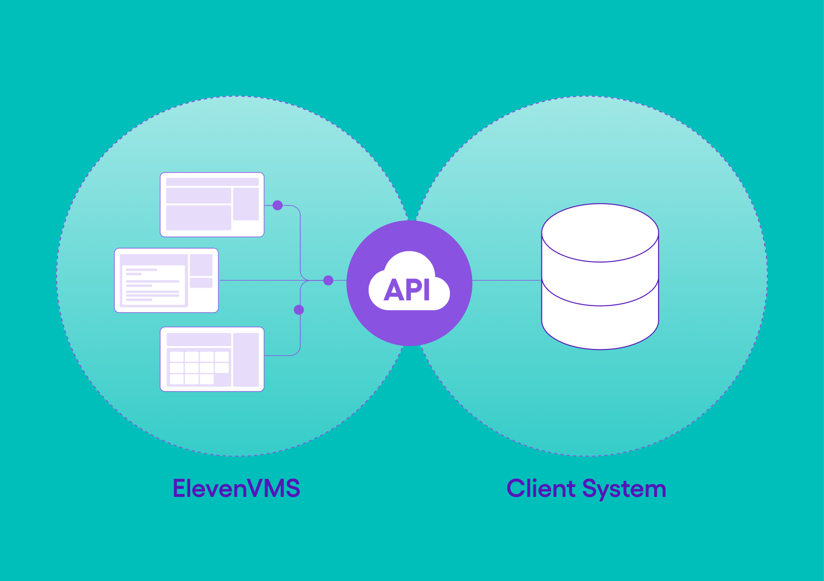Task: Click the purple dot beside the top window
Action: pyautogui.click(x=277, y=206)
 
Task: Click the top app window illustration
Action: pyautogui.click(x=212, y=205)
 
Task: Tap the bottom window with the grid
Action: pyautogui.click(x=212, y=359)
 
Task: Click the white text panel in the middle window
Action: pyautogui.click(x=153, y=285)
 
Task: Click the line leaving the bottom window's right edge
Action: pyautogui.click(x=280, y=355)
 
